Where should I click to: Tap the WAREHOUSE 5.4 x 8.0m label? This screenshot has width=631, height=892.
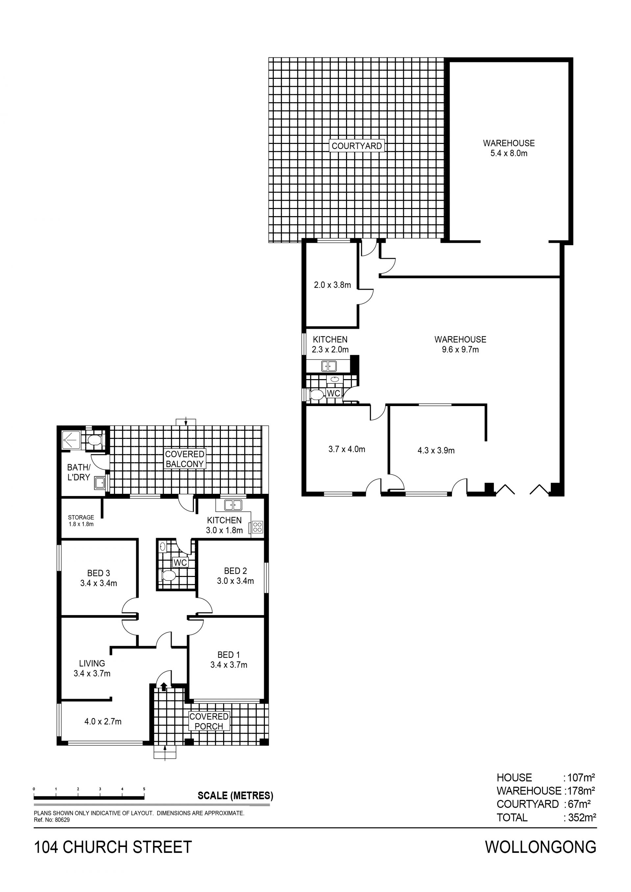click(x=509, y=148)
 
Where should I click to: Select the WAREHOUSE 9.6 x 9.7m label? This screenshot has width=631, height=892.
click(x=460, y=344)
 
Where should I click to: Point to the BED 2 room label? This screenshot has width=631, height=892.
click(x=235, y=576)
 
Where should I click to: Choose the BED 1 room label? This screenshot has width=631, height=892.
click(x=228, y=660)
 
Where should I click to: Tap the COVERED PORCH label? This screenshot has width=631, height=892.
click(x=209, y=721)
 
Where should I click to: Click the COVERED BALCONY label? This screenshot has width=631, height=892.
click(x=185, y=459)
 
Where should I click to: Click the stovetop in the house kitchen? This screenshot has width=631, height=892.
click(x=257, y=527)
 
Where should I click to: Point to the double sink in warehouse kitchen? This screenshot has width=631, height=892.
click(x=329, y=366)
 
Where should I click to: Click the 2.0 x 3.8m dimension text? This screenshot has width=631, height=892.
click(x=332, y=285)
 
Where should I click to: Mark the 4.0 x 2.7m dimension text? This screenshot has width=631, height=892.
click(x=103, y=721)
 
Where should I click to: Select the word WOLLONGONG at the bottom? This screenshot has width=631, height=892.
click(x=541, y=847)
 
